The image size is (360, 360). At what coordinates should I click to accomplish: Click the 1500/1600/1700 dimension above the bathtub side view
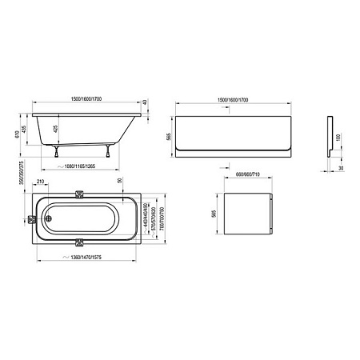coord(88,98)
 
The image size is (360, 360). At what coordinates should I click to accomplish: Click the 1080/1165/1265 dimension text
coord(89,168)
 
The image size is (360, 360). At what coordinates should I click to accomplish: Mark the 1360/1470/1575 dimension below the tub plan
coord(88,257)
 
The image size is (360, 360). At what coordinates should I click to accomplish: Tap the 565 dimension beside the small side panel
coord(212,214)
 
